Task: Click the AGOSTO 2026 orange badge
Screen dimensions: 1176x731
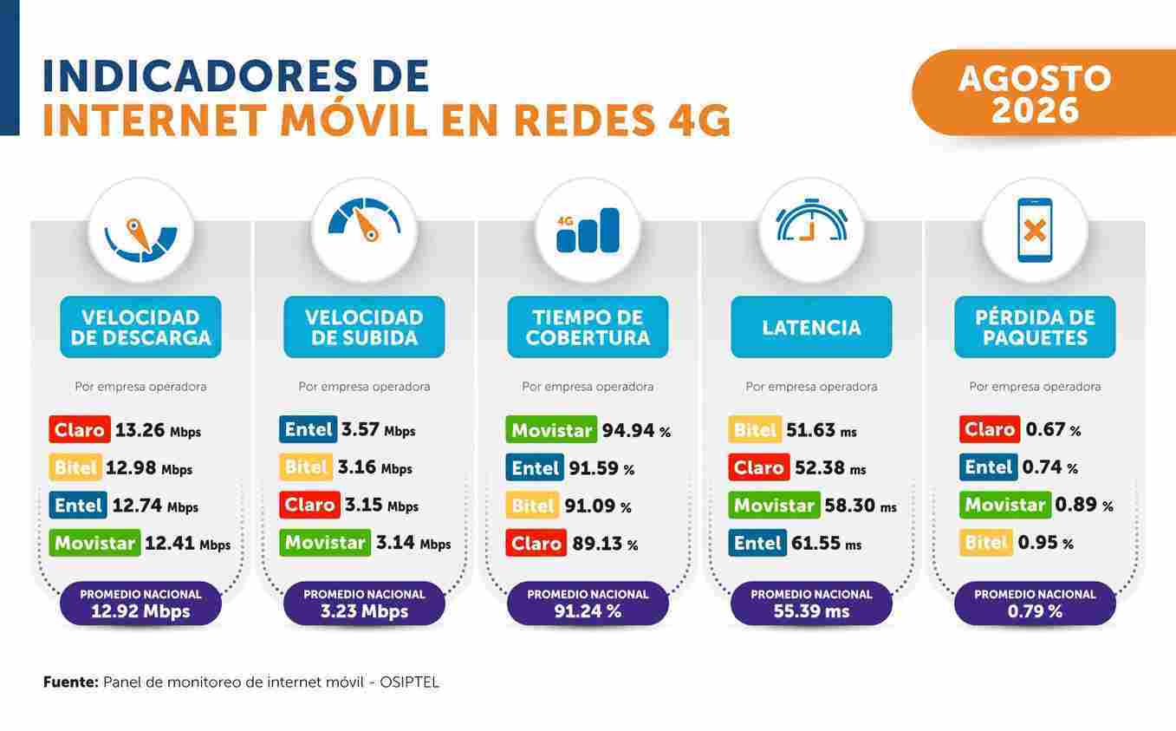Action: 1043,93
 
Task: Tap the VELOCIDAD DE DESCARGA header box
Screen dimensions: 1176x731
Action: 140,327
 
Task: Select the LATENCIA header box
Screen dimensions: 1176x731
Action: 811,327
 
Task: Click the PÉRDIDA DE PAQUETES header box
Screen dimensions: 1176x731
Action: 1035,327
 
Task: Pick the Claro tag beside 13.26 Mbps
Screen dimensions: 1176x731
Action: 80,429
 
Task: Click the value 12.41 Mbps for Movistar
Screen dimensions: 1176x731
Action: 187,544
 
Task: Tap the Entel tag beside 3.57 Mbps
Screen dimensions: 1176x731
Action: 309,429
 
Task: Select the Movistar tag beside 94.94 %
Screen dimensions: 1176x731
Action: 551,429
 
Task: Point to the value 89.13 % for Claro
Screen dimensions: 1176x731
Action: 605,544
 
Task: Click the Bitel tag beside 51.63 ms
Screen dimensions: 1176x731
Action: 755,429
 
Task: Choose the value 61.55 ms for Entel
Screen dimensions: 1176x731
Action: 826,544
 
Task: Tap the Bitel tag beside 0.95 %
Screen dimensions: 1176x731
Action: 986,543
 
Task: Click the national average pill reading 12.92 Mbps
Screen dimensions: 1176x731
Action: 140,604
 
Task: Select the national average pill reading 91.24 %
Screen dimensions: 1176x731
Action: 588,604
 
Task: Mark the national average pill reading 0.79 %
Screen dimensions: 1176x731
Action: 1035,604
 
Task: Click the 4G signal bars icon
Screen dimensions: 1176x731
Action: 588,230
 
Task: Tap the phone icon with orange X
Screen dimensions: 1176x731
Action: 1035,230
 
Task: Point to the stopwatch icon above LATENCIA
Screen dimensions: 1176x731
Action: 811,220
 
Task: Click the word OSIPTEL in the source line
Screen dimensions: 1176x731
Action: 409,682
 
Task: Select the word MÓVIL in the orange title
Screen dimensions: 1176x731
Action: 354,121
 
